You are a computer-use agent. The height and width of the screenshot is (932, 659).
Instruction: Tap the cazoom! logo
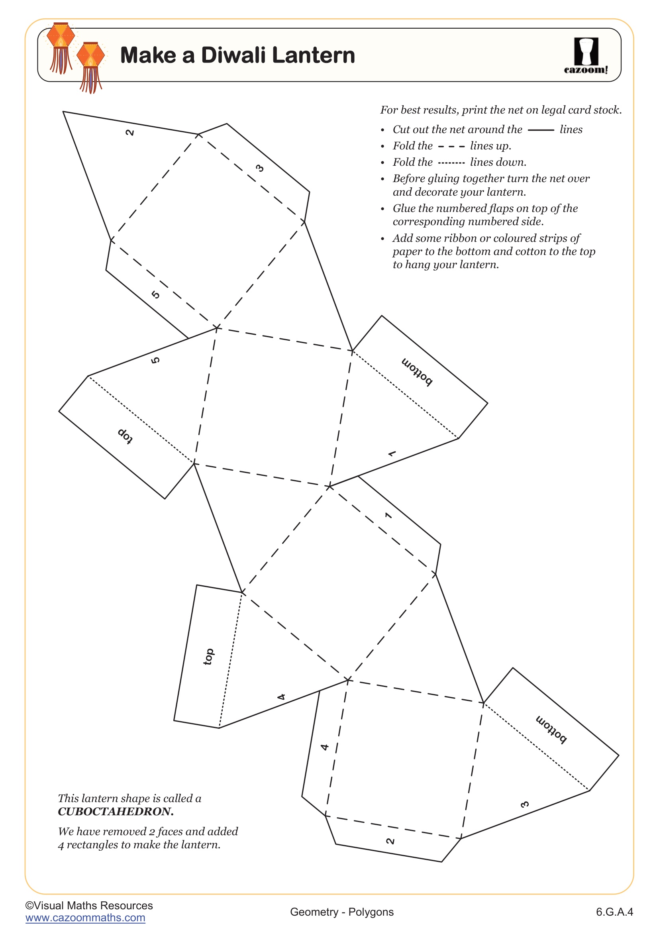click(x=586, y=56)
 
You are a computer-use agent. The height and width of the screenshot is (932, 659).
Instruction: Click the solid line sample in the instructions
click(x=541, y=130)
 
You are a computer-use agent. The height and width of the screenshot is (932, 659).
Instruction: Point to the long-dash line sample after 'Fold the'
click(x=451, y=147)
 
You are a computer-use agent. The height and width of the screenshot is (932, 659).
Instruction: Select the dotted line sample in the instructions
click(x=451, y=163)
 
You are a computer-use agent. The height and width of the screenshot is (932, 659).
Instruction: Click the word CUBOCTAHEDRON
click(x=116, y=811)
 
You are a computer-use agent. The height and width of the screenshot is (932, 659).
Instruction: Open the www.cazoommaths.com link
click(x=85, y=918)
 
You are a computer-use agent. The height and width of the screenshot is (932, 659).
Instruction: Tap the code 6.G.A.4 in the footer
click(x=614, y=912)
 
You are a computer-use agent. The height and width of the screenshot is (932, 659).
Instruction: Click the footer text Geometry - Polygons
click(x=342, y=912)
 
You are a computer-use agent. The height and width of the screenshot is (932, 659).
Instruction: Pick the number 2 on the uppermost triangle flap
click(x=130, y=132)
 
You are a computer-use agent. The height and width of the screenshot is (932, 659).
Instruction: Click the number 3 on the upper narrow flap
click(x=260, y=168)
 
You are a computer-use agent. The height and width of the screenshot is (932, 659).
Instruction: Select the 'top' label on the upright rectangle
click(x=208, y=657)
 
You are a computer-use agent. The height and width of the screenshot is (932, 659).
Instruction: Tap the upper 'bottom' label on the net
click(x=417, y=372)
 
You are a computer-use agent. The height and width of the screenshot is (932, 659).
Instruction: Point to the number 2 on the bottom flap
click(x=390, y=841)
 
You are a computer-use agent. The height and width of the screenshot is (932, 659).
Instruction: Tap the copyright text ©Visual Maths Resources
click(x=89, y=906)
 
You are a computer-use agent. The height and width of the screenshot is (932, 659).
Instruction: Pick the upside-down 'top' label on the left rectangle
click(x=126, y=436)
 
